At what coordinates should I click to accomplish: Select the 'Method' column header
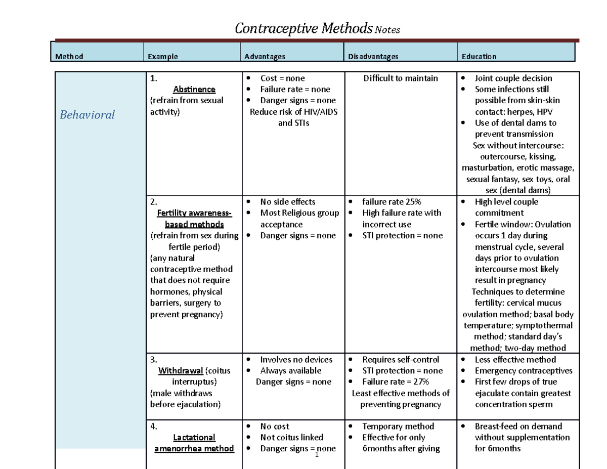pyautogui.click(x=69, y=57)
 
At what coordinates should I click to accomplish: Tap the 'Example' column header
pyautogui.click(x=162, y=57)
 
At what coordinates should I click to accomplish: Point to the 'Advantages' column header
pyautogui.click(x=265, y=57)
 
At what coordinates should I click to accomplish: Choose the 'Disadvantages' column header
pyautogui.click(x=373, y=57)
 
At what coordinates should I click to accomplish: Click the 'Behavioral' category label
pyautogui.click(x=87, y=115)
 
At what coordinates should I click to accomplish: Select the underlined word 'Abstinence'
pyautogui.click(x=194, y=89)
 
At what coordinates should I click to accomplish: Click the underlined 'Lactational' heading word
pyautogui.click(x=194, y=438)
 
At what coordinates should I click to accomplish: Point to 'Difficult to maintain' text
pyautogui.click(x=400, y=78)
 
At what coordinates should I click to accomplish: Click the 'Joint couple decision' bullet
pyautogui.click(x=513, y=78)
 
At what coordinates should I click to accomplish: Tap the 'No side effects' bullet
pyautogui.click(x=287, y=202)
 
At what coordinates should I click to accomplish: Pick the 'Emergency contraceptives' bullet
pyautogui.click(x=524, y=371)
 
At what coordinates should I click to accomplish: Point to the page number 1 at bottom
pyautogui.click(x=316, y=455)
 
